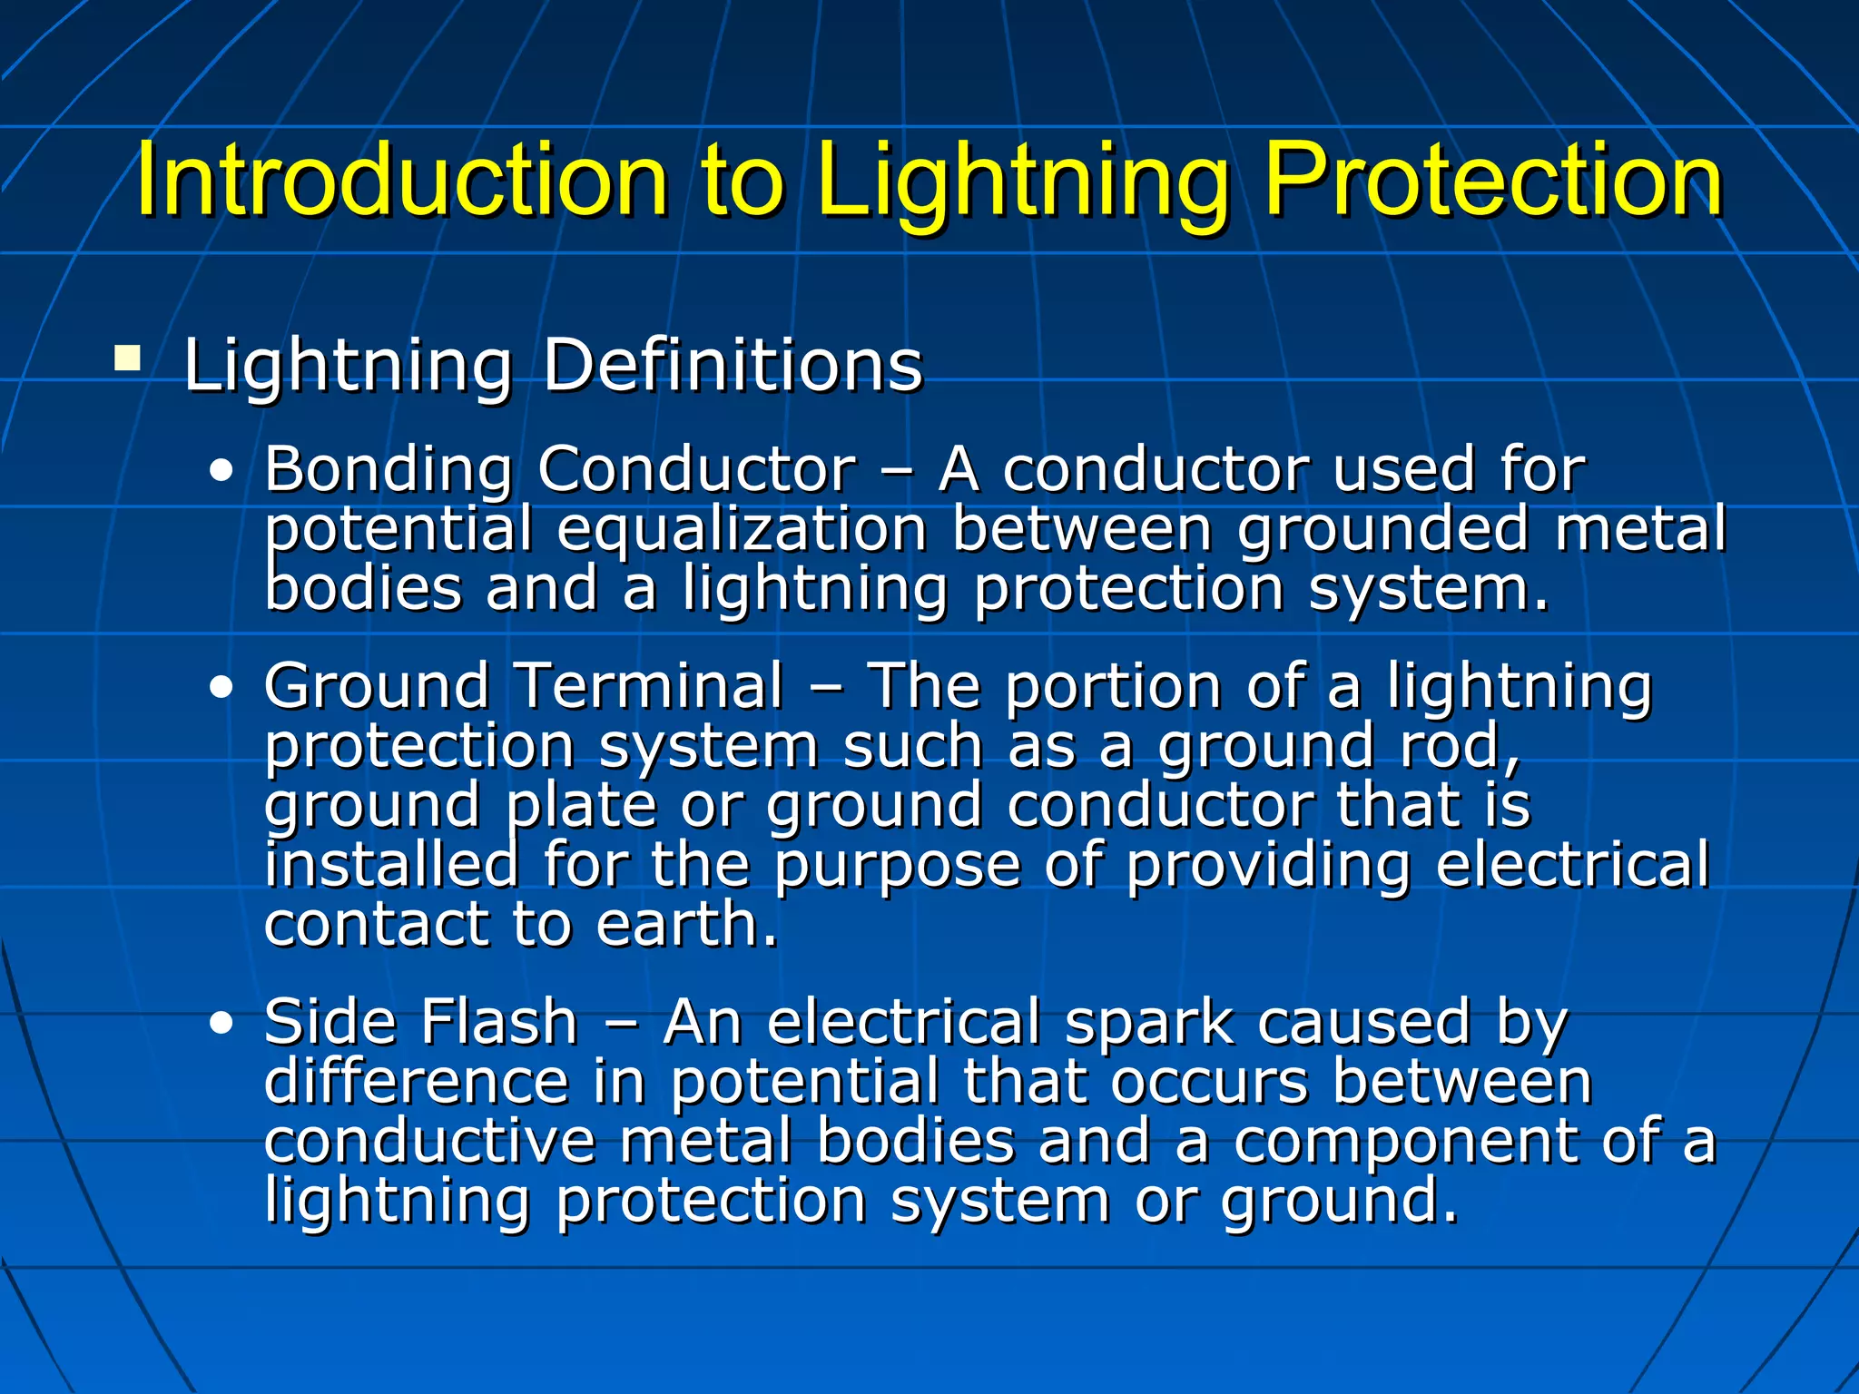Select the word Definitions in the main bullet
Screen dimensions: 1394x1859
[x=733, y=365]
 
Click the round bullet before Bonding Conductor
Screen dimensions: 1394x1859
[x=221, y=471]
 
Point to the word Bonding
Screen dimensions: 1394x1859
[x=389, y=471]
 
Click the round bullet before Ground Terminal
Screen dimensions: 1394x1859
[x=221, y=687]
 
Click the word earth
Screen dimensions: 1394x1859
[x=687, y=925]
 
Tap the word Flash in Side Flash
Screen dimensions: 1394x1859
[x=498, y=1022]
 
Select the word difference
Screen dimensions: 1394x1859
[x=416, y=1082]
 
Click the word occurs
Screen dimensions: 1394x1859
[x=1208, y=1083]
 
